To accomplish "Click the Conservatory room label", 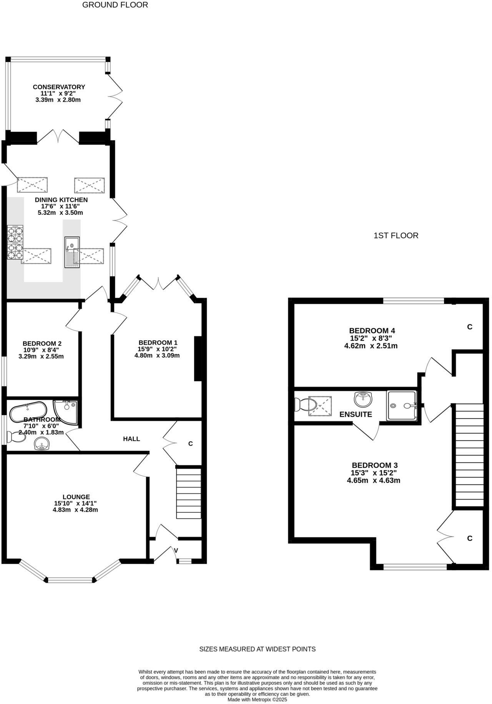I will pyautogui.click(x=58, y=87).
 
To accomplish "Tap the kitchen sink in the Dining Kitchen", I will pyautogui.click(x=72, y=252).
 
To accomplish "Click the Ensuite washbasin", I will pyautogui.click(x=363, y=400).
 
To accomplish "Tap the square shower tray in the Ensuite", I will pyautogui.click(x=401, y=405).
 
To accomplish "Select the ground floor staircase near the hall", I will pyautogui.click(x=189, y=492).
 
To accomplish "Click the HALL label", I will pyautogui.click(x=131, y=439).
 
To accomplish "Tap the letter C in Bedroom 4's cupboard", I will pyautogui.click(x=469, y=327).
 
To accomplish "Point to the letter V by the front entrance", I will pyautogui.click(x=176, y=550).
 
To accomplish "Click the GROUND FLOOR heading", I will pyautogui.click(x=115, y=5).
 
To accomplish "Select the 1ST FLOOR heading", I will pyautogui.click(x=396, y=236).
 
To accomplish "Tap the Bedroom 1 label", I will pyautogui.click(x=158, y=342).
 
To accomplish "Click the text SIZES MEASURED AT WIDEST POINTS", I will pyautogui.click(x=257, y=649).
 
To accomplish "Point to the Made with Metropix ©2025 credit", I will pyautogui.click(x=257, y=700).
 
